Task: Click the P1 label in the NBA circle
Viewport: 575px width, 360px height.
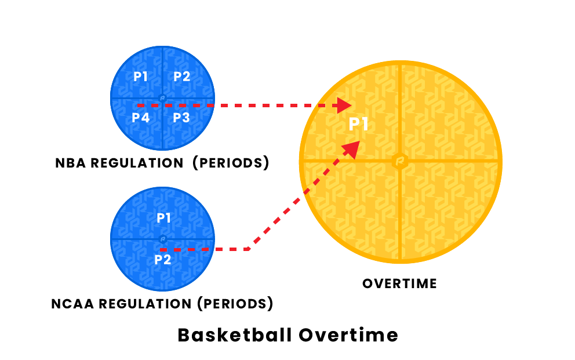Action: click(x=140, y=77)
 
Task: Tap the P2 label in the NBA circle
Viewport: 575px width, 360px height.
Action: click(x=182, y=77)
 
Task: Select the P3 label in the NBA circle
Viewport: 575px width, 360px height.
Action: click(x=181, y=118)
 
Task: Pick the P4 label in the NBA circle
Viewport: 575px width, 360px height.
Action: click(x=141, y=118)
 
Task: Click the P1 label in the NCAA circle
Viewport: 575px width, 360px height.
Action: click(x=164, y=218)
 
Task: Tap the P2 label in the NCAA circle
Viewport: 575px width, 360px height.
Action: click(x=163, y=260)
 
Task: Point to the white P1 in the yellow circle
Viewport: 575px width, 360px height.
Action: click(x=358, y=124)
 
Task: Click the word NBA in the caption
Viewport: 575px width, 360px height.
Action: click(x=70, y=163)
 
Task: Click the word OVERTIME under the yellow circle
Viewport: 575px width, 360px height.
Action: click(x=400, y=283)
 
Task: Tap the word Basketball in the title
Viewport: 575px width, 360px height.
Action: click(x=235, y=335)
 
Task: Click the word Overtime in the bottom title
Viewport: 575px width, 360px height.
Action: click(x=348, y=335)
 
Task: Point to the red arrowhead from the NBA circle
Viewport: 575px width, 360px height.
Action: click(x=344, y=106)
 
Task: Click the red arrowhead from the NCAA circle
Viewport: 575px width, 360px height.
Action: click(x=352, y=149)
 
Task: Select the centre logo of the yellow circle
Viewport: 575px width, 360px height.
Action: click(x=400, y=161)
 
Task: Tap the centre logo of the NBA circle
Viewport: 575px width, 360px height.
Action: click(x=162, y=98)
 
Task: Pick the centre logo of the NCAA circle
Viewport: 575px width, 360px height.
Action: click(x=163, y=239)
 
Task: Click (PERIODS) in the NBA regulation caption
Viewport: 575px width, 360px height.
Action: click(x=231, y=163)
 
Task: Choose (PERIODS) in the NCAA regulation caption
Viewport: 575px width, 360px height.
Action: click(x=235, y=304)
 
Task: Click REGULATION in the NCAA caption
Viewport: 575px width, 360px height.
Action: click(x=145, y=304)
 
